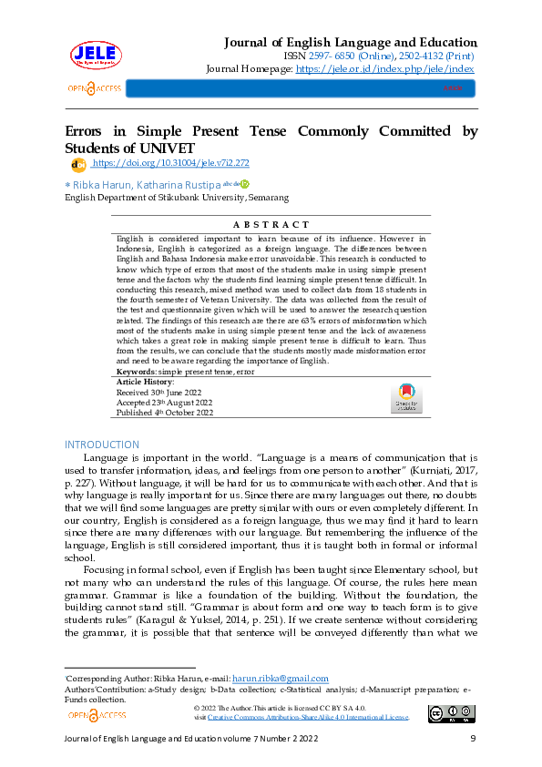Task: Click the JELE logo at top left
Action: (95, 56)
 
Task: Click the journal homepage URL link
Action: (384, 68)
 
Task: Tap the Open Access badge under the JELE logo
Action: (94, 88)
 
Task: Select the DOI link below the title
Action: (170, 163)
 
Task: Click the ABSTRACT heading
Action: (271, 224)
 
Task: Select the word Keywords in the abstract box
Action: (136, 372)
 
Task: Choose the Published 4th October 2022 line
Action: (164, 412)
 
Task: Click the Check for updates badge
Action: (406, 398)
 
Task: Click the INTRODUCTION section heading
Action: (101, 444)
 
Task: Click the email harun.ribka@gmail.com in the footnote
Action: (281, 678)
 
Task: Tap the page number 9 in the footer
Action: (473, 739)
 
